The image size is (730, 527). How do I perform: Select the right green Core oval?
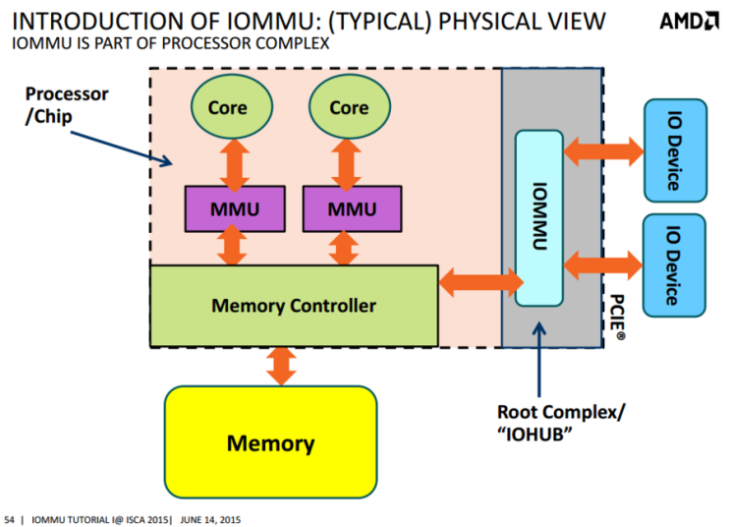pos(349,107)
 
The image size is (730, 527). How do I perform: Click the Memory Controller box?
pos(294,306)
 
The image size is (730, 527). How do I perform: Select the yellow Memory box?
pos(271,442)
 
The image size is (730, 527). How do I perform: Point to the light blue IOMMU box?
pos(537,216)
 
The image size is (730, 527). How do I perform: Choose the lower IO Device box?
pos(673,264)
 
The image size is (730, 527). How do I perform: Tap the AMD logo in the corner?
pos(689,22)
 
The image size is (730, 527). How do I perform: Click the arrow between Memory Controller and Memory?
pos(282,366)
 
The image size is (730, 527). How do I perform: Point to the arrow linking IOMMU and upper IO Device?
pos(601,149)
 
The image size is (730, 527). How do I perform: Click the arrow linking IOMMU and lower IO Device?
pos(601,263)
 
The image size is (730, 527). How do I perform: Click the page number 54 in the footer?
pos(10,518)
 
